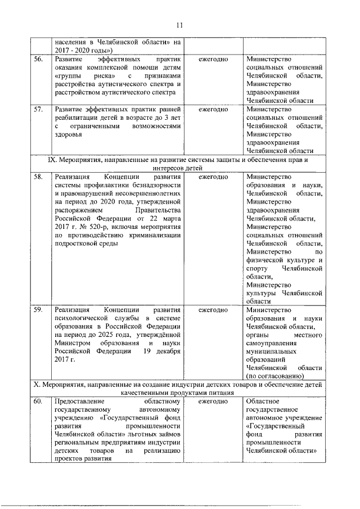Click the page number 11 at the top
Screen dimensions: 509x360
(x=179, y=25)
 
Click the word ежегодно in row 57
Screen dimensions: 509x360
(x=213, y=109)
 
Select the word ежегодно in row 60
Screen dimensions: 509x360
(x=213, y=402)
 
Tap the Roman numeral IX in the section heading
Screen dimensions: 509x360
(x=53, y=160)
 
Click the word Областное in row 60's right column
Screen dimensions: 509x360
(x=263, y=402)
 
